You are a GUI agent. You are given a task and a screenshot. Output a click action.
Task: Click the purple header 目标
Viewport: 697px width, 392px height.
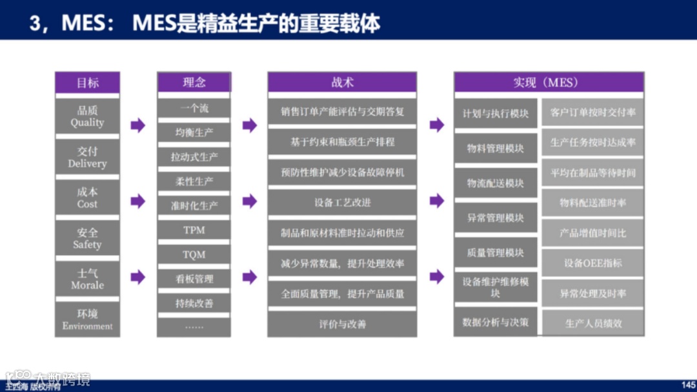click(87, 82)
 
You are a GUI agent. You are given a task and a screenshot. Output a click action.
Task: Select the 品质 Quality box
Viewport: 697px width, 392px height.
click(87, 116)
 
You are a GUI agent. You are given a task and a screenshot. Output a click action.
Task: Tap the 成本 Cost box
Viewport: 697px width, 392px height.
click(87, 198)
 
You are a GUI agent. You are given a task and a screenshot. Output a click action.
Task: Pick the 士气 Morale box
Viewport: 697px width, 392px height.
click(87, 279)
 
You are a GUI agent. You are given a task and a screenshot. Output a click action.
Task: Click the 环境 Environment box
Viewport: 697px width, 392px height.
click(87, 320)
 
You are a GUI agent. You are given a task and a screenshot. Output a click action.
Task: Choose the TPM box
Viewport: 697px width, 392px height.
click(194, 230)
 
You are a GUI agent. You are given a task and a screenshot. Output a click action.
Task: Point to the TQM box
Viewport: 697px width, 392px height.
click(194, 254)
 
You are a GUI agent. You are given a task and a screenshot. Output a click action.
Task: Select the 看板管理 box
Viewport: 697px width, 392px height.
click(194, 279)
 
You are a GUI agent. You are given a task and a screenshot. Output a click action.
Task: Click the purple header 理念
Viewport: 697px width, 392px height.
click(194, 82)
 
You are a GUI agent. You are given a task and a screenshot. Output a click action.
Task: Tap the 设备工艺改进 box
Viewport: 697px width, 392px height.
click(342, 202)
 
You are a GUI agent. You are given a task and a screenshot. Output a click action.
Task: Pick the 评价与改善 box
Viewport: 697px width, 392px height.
click(342, 324)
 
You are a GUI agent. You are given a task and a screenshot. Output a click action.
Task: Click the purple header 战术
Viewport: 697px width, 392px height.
click(342, 82)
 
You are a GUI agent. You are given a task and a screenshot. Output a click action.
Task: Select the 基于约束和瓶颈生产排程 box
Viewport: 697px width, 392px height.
click(342, 141)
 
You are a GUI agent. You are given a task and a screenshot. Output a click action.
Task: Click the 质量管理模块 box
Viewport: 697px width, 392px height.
click(495, 253)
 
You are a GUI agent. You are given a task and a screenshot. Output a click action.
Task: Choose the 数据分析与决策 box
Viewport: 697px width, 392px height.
click(495, 322)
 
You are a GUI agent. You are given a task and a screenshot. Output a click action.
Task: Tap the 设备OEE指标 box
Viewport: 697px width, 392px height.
click(592, 263)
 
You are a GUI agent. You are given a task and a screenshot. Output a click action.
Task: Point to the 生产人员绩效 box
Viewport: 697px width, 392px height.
click(592, 323)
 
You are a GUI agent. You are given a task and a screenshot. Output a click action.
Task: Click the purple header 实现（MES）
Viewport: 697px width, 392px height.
click(549, 82)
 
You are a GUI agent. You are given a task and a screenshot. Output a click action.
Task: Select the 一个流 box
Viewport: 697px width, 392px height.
click(194, 108)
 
